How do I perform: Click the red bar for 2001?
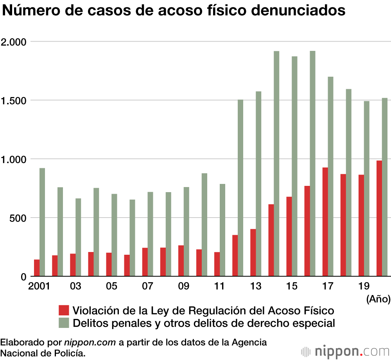tap(37, 268)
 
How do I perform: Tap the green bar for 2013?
tap(258, 184)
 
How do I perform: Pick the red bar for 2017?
tap(325, 221)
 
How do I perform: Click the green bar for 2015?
tap(294, 166)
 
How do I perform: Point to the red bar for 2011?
tap(217, 264)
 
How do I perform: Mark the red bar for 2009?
tap(181, 261)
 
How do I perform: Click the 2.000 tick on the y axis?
tap(13, 41)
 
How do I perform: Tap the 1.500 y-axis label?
tap(13, 101)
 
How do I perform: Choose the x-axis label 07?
tap(147, 287)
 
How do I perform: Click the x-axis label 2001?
tap(39, 287)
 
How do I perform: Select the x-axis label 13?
tap(255, 287)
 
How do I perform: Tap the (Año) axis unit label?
tap(378, 299)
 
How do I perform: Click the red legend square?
tap(63, 311)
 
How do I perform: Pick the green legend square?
tap(63, 323)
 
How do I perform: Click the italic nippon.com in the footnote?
tap(90, 342)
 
